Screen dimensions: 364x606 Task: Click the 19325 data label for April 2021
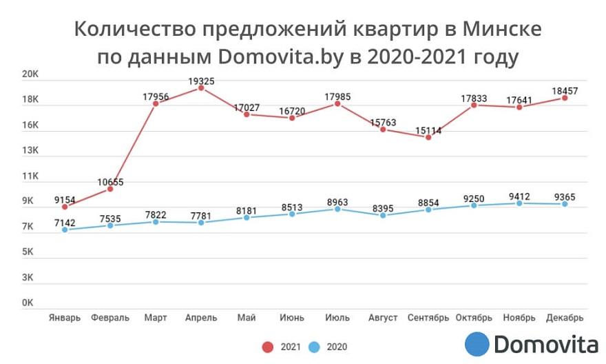coord(201,81)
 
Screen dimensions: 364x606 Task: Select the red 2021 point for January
coord(65,207)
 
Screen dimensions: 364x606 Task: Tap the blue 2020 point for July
coord(337,209)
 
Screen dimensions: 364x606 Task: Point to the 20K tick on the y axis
coord(32,74)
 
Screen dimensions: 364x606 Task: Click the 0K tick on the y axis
coord(28,303)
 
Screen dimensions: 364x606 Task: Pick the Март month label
coord(156,318)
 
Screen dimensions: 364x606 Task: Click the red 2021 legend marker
coord(267,347)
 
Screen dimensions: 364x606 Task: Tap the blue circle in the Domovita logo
coord(477,344)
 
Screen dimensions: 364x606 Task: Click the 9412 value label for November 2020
coord(519,196)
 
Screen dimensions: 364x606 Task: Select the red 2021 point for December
coord(565,98)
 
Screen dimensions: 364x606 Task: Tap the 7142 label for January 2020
coord(65,223)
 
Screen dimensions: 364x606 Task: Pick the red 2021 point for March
coord(156,103)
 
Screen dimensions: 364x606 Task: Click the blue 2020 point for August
coord(383,215)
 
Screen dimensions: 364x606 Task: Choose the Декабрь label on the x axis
coord(565,318)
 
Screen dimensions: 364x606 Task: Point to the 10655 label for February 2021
coord(110,182)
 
